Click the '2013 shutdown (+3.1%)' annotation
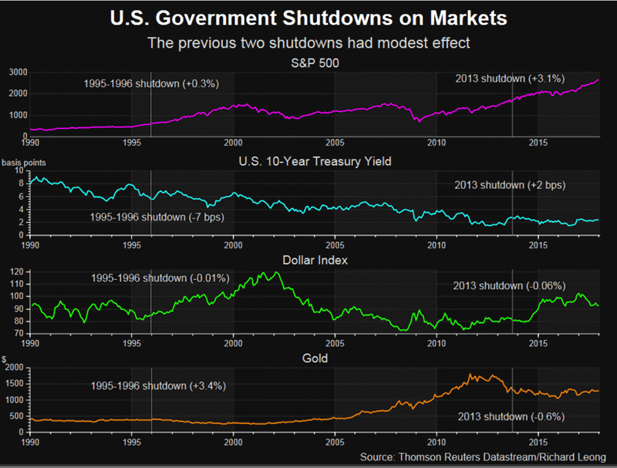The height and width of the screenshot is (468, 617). click(509, 78)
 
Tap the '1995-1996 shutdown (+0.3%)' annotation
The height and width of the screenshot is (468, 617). click(150, 83)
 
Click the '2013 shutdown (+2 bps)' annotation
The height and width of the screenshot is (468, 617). click(509, 184)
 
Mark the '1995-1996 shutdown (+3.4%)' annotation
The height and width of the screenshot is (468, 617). click(157, 386)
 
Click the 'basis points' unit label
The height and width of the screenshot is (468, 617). click(21, 162)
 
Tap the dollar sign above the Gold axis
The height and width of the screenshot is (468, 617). click(5, 359)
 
